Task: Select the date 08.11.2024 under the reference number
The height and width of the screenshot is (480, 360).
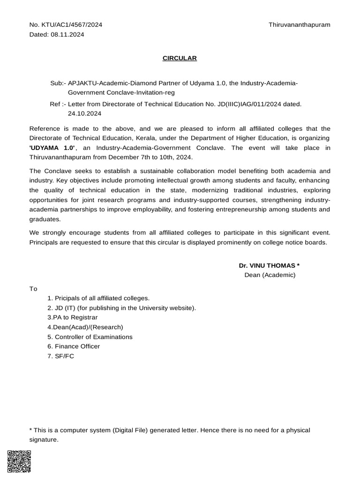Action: pos(67,34)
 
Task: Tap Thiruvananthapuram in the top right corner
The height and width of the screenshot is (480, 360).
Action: pos(299,24)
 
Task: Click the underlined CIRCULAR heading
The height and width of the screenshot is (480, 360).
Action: pos(180,58)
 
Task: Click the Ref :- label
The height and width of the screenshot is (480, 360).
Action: pos(58,104)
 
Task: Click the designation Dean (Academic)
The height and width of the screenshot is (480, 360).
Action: pos(270,275)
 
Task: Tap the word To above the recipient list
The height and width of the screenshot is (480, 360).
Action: pos(33,289)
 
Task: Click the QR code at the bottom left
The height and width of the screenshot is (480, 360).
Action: pos(19,462)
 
